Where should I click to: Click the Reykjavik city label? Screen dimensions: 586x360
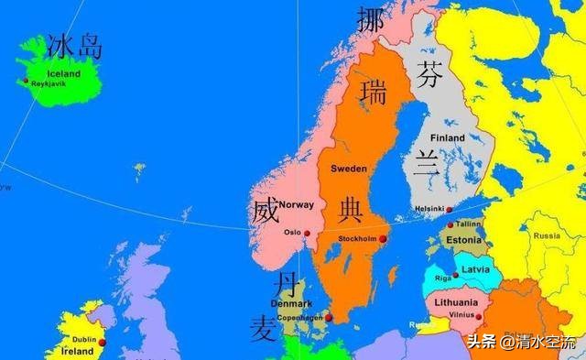click(51, 83)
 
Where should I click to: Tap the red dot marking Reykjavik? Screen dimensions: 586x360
click(27, 82)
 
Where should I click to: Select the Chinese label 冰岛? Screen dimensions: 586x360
click(75, 47)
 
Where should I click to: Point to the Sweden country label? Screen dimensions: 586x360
click(348, 169)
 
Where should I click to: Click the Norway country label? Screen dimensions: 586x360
click(297, 204)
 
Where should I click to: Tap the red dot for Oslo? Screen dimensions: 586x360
click(307, 235)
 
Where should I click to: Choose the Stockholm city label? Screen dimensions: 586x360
click(357, 238)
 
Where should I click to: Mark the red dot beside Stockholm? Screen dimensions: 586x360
click(383, 238)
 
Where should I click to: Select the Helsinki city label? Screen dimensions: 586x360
click(430, 209)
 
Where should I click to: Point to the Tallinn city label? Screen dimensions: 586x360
click(469, 224)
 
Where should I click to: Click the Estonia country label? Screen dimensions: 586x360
click(464, 240)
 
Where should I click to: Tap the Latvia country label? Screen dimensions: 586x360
click(474, 269)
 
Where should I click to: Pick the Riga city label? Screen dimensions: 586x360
click(443, 276)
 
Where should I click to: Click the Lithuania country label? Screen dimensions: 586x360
click(456, 302)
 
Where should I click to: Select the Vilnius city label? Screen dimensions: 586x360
click(461, 314)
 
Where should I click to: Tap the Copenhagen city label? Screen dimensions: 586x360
click(300, 318)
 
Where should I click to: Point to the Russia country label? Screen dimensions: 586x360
click(547, 235)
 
